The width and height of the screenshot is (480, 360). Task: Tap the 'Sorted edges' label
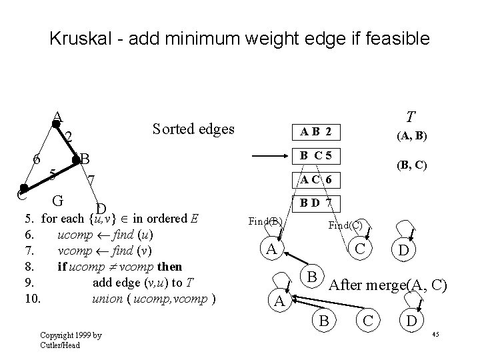(193, 129)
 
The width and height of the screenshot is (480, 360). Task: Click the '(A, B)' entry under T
(412, 137)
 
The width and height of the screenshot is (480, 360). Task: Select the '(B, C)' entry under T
(412, 164)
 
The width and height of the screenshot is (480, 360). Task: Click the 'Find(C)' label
(345, 225)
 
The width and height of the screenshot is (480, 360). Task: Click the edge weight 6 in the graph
(37, 159)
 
